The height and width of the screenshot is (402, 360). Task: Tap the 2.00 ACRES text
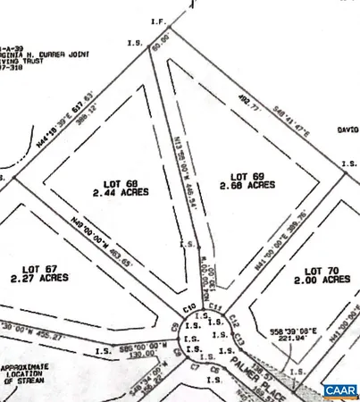[323, 280]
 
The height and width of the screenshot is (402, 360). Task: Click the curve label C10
[188, 308]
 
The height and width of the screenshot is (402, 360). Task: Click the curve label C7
[194, 367]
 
